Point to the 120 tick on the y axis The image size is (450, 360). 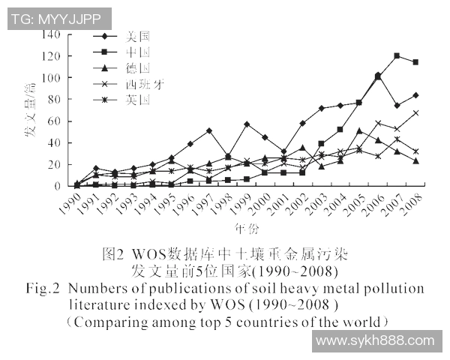coord(52,56)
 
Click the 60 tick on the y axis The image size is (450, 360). coord(55,121)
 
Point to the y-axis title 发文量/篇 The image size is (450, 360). coord(31,109)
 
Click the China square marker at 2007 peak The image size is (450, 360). coord(397,56)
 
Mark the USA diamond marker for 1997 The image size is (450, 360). coord(208,130)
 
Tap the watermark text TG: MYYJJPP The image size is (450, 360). coord(60,19)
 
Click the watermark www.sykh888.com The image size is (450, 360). coord(376,340)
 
